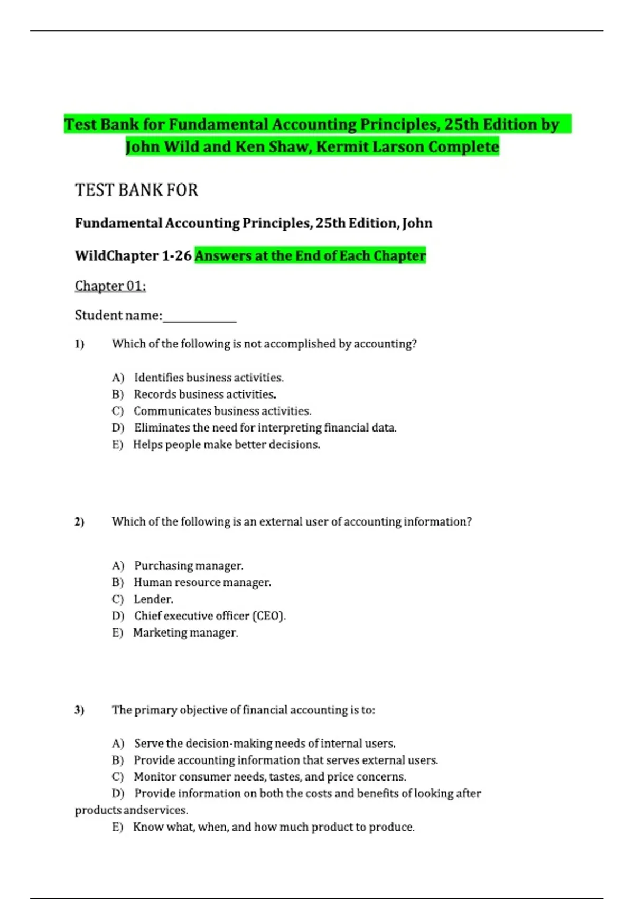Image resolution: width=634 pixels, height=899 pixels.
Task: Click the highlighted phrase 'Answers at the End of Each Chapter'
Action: [310, 255]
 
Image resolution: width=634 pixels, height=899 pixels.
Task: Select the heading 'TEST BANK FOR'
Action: [136, 190]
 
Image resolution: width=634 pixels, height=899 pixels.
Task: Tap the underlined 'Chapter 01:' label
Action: [110, 286]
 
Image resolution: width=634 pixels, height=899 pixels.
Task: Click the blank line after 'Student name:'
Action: [200, 317]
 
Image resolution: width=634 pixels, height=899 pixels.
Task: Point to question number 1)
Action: [79, 344]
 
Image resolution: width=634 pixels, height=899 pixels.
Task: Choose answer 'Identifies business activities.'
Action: [209, 378]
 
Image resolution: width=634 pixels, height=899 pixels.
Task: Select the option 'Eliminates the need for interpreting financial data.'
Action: [265, 427]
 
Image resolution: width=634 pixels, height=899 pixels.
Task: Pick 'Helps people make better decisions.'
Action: [226, 444]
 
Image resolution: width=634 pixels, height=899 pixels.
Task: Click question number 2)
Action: [79, 522]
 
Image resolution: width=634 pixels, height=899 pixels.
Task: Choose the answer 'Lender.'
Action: [153, 599]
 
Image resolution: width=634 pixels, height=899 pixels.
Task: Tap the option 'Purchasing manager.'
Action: [189, 565]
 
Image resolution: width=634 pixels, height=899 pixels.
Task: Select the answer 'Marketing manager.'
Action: [185, 632]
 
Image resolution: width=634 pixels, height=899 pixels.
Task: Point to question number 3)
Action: [79, 710]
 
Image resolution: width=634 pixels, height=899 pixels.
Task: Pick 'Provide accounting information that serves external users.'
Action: [285, 760]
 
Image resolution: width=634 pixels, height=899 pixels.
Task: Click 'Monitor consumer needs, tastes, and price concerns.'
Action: [269, 777]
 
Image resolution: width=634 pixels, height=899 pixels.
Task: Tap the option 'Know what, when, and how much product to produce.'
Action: [274, 827]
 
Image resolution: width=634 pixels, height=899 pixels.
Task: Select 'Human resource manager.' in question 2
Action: [202, 582]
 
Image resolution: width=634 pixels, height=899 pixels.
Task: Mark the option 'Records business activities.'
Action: [205, 394]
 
